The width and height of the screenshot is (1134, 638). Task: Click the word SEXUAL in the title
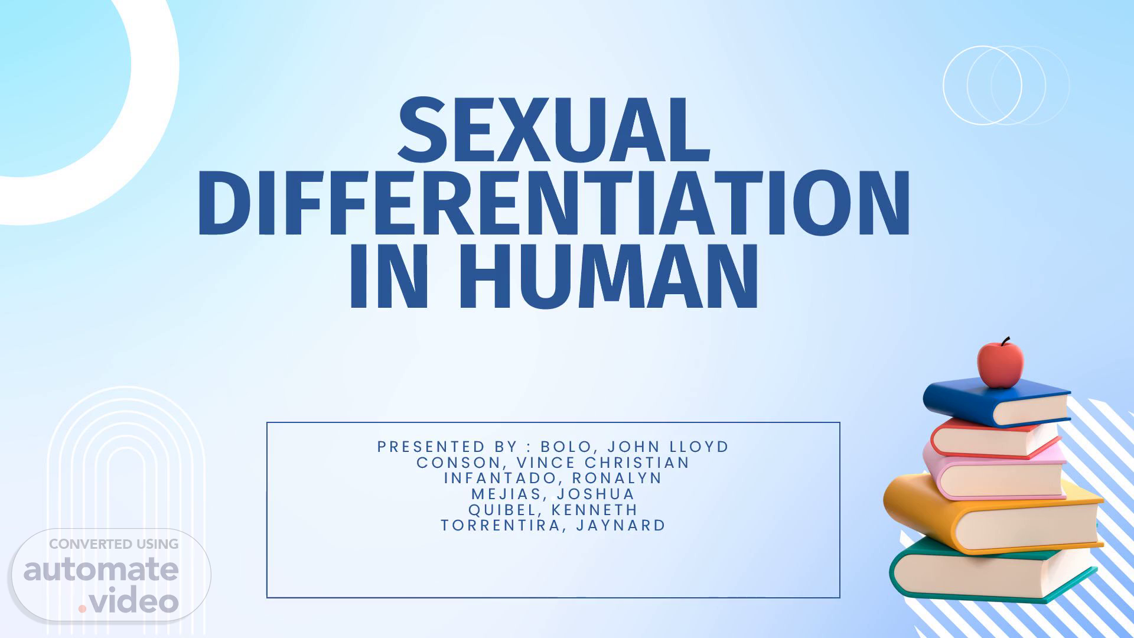tap(554, 130)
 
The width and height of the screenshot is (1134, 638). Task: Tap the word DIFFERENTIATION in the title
tap(553, 202)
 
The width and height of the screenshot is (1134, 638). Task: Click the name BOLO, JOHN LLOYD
tap(635, 447)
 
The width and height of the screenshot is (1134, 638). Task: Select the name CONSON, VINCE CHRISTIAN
tap(553, 463)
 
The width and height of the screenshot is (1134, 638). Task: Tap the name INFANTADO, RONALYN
tap(553, 478)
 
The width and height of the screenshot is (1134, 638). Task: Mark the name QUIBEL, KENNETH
tap(553, 509)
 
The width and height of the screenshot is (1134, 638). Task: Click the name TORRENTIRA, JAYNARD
tap(553, 525)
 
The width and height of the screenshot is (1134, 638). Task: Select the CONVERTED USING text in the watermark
tap(113, 544)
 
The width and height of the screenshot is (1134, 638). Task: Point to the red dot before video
tap(83, 608)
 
